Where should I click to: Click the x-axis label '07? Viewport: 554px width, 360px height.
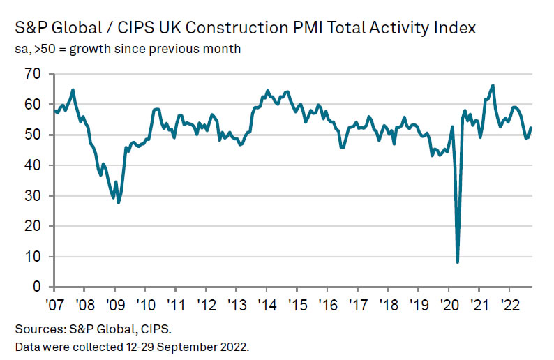[x=56, y=304]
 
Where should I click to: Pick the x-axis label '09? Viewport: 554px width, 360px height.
[x=116, y=304]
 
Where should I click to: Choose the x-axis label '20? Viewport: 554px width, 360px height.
[x=448, y=304]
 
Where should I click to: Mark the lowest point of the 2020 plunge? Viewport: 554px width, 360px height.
[x=458, y=262]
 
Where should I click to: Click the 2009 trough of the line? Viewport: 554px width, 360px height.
[x=119, y=202]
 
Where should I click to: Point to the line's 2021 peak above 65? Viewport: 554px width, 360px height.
[x=493, y=86]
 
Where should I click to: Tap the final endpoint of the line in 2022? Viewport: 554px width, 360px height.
[x=531, y=128]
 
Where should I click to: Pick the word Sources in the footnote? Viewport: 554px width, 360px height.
[x=34, y=328]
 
